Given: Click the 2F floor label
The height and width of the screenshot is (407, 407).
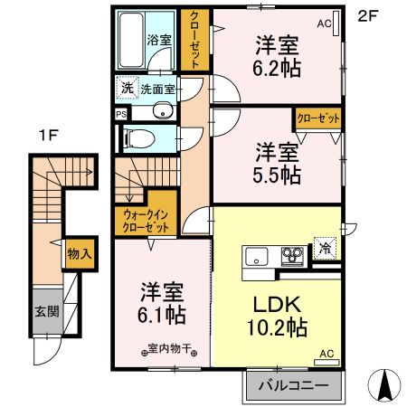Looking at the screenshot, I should pyautogui.click(x=366, y=15).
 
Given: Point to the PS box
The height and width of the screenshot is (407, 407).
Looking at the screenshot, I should pyautogui.click(x=121, y=114).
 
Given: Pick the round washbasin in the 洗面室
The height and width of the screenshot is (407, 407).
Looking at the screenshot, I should pyautogui.click(x=160, y=112).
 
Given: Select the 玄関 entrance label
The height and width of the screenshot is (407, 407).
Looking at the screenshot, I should pyautogui.click(x=46, y=312).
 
